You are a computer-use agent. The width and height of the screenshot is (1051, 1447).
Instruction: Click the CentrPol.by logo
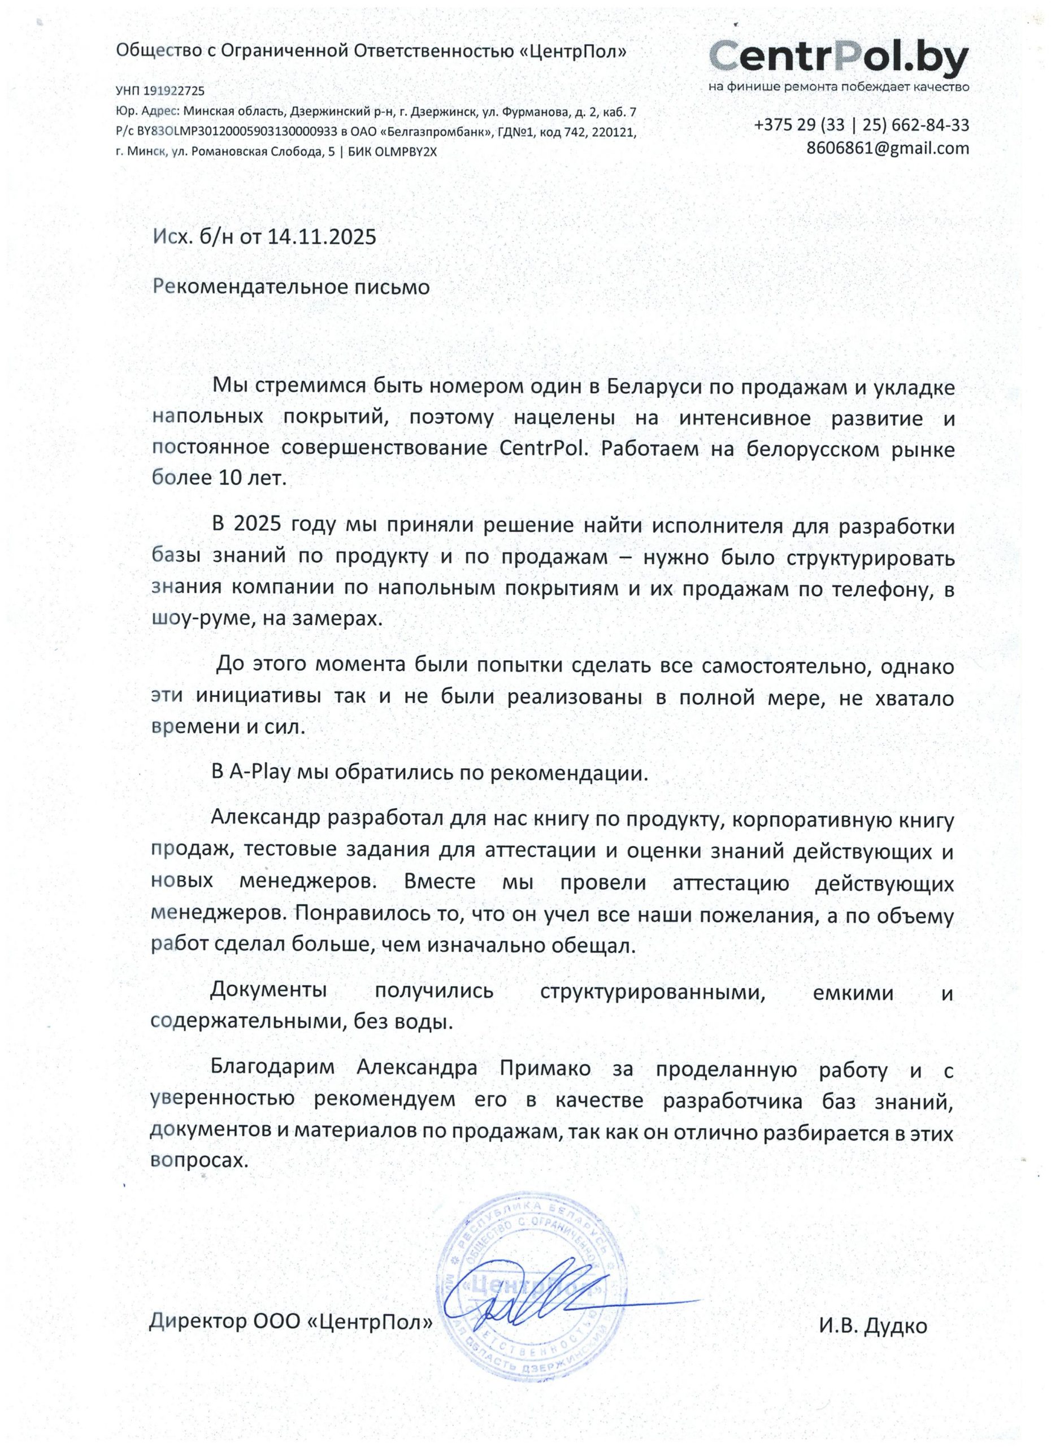coord(839,58)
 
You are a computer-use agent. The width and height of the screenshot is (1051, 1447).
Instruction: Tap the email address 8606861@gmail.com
coord(887,148)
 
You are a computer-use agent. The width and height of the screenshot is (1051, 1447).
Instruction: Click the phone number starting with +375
coord(861,124)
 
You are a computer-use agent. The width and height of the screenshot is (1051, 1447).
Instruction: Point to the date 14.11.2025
coord(322,237)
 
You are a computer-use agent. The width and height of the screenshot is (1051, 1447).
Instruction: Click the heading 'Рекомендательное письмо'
coord(292,287)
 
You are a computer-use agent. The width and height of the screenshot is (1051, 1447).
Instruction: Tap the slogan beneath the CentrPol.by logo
coord(839,86)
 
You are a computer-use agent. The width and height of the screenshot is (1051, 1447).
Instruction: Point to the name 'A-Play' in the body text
coord(260,773)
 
